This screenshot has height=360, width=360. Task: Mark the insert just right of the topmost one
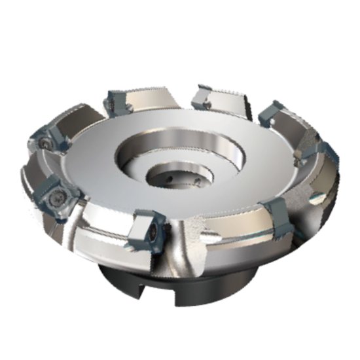coord(270,114)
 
